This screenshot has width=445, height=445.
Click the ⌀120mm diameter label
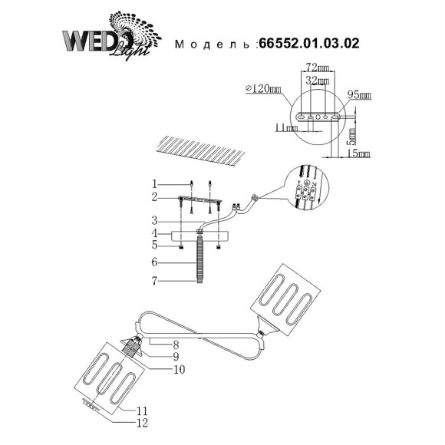click(x=260, y=90)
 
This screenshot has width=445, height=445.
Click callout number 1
click(x=154, y=184)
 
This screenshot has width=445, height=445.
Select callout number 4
click(x=154, y=233)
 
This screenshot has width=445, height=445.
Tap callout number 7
click(x=154, y=282)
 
